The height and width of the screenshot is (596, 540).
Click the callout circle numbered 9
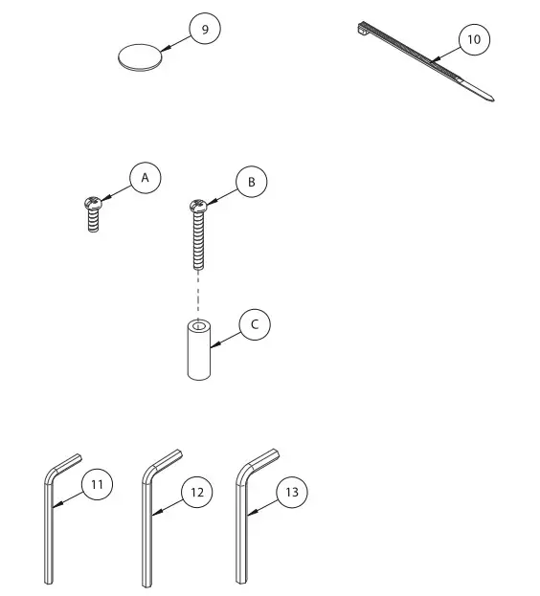(x=203, y=30)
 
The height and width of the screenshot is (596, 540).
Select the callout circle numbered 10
(x=473, y=40)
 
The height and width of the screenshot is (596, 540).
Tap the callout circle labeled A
(x=145, y=178)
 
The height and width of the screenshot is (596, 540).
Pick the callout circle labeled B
(x=251, y=181)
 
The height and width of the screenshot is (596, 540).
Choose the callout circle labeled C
(x=255, y=324)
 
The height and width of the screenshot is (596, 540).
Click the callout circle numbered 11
(x=97, y=485)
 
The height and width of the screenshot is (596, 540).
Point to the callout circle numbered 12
(x=196, y=493)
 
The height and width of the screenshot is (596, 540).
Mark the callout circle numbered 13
(x=292, y=492)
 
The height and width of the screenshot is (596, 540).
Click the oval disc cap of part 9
(x=140, y=56)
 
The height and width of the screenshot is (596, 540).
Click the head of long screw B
(x=197, y=206)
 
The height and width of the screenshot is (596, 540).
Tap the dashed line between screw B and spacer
(x=198, y=292)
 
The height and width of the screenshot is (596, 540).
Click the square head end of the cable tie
(x=364, y=29)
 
